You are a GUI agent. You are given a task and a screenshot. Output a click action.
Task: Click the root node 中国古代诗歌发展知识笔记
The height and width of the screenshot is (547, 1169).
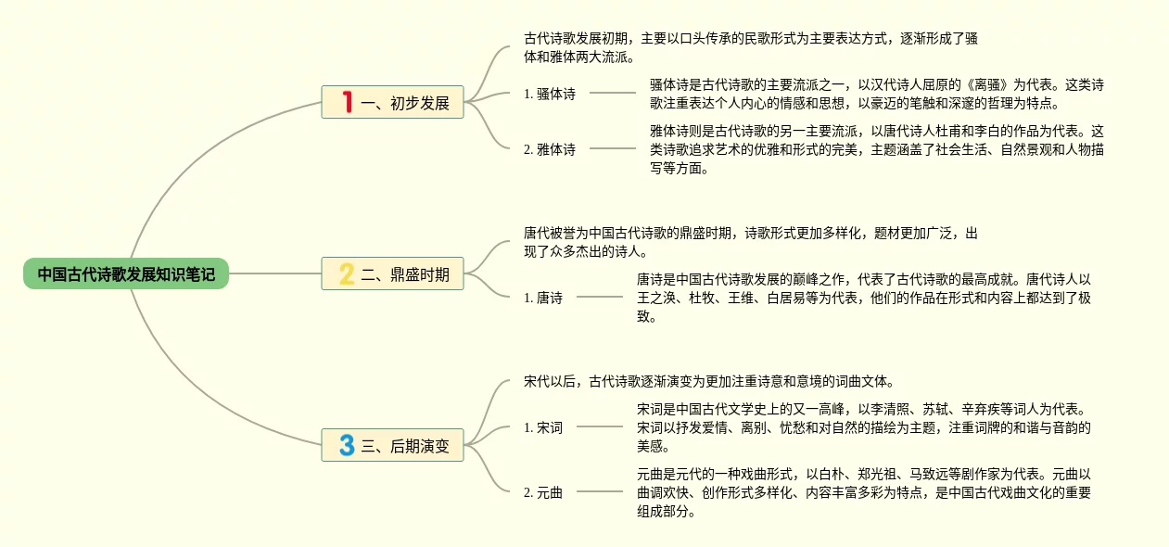pyautogui.click(x=126, y=274)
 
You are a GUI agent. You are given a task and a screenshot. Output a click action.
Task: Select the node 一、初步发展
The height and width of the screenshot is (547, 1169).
pyautogui.click(x=393, y=102)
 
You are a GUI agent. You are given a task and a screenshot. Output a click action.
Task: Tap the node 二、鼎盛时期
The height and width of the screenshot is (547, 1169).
pyautogui.click(x=393, y=273)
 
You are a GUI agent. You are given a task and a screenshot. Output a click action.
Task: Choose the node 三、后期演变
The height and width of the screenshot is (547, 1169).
pyautogui.click(x=393, y=445)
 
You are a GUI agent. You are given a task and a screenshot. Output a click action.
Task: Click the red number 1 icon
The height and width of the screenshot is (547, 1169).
pyautogui.click(x=347, y=102)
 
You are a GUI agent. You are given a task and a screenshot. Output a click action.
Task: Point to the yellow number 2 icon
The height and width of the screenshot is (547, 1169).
pyautogui.click(x=347, y=273)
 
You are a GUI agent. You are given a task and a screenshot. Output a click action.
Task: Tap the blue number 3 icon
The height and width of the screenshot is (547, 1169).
pyautogui.click(x=347, y=445)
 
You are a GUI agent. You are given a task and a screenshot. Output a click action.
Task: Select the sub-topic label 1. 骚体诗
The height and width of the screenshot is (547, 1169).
pyautogui.click(x=549, y=94)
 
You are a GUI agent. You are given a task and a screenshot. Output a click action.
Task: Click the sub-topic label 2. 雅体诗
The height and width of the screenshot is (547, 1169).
pyautogui.click(x=549, y=148)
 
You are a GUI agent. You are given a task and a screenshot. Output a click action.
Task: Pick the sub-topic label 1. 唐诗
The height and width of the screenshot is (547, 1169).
pyautogui.click(x=542, y=298)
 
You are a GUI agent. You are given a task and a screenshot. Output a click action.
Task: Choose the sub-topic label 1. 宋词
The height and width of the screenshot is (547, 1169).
pyautogui.click(x=542, y=427)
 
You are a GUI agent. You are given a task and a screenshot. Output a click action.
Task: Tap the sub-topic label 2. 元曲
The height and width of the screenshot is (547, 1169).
pyautogui.click(x=542, y=492)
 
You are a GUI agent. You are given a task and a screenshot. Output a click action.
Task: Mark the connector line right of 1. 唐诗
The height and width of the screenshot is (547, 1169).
pyautogui.click(x=600, y=298)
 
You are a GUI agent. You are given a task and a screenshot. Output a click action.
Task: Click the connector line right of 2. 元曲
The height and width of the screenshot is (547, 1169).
pyautogui.click(x=600, y=492)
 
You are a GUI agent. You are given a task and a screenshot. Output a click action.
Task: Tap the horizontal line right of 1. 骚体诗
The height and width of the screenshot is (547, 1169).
pyautogui.click(x=613, y=94)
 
